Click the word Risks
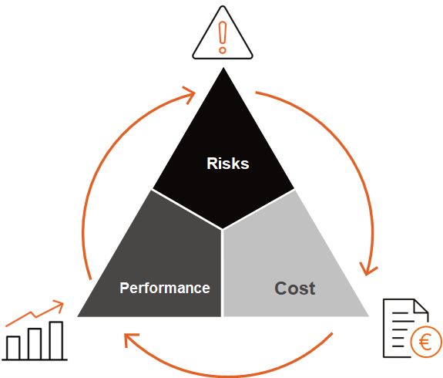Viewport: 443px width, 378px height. pyautogui.click(x=228, y=164)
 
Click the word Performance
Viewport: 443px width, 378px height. pyautogui.click(x=165, y=289)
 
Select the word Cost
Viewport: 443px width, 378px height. pyautogui.click(x=294, y=289)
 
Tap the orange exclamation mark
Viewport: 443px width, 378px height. pyautogui.click(x=223, y=37)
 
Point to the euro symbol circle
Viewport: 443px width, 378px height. pyautogui.click(x=425, y=342)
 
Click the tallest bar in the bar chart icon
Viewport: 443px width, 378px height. pyautogui.click(x=56, y=340)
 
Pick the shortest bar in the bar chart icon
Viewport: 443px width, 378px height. pyautogui.click(x=13, y=348)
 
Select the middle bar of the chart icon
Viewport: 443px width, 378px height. pyautogui.click(x=35, y=344)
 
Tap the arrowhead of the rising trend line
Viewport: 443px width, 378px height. pyautogui.click(x=60, y=305)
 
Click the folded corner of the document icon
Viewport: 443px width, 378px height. pyautogui.click(x=421, y=306)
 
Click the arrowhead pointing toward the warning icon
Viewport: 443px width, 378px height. pyautogui.click(x=191, y=94)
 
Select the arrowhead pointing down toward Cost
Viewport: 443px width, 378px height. pyautogui.click(x=367, y=270)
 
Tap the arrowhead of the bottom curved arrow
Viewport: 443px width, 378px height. pyautogui.click(x=130, y=339)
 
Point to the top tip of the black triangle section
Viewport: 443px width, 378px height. pyautogui.click(x=223, y=68)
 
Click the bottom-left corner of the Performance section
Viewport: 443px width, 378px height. pyautogui.click(x=78, y=316)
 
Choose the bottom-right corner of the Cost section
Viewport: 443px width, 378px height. pyautogui.click(x=368, y=316)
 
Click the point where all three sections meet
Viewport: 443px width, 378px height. pyautogui.click(x=223, y=229)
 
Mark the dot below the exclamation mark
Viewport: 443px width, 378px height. pyautogui.click(x=223, y=50)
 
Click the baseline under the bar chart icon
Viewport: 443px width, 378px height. pyautogui.click(x=35, y=359)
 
